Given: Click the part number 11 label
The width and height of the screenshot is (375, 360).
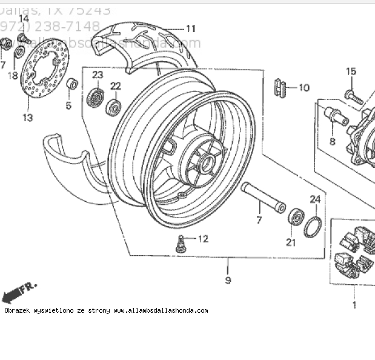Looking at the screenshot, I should click(191, 28).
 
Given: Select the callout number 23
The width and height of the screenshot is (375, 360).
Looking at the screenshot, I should click(98, 75).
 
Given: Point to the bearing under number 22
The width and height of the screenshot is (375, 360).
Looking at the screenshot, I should click(113, 108).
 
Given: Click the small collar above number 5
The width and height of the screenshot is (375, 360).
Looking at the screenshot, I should click(71, 83).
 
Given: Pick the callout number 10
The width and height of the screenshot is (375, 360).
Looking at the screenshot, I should click(304, 88).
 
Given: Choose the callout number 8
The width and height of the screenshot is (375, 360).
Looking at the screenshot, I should click(332, 142).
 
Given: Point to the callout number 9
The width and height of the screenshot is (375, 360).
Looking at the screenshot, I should click(228, 280).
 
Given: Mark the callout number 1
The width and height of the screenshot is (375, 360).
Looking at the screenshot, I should click(354, 305).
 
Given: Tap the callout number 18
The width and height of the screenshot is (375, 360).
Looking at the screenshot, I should click(13, 75).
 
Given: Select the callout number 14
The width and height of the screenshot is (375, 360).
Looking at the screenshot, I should click(23, 18).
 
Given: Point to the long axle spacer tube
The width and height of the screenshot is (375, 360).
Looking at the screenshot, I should click(263, 197).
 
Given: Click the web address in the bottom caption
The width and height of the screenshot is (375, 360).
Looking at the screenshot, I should click(161, 311).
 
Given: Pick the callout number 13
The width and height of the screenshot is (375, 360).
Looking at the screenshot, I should click(28, 118).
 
